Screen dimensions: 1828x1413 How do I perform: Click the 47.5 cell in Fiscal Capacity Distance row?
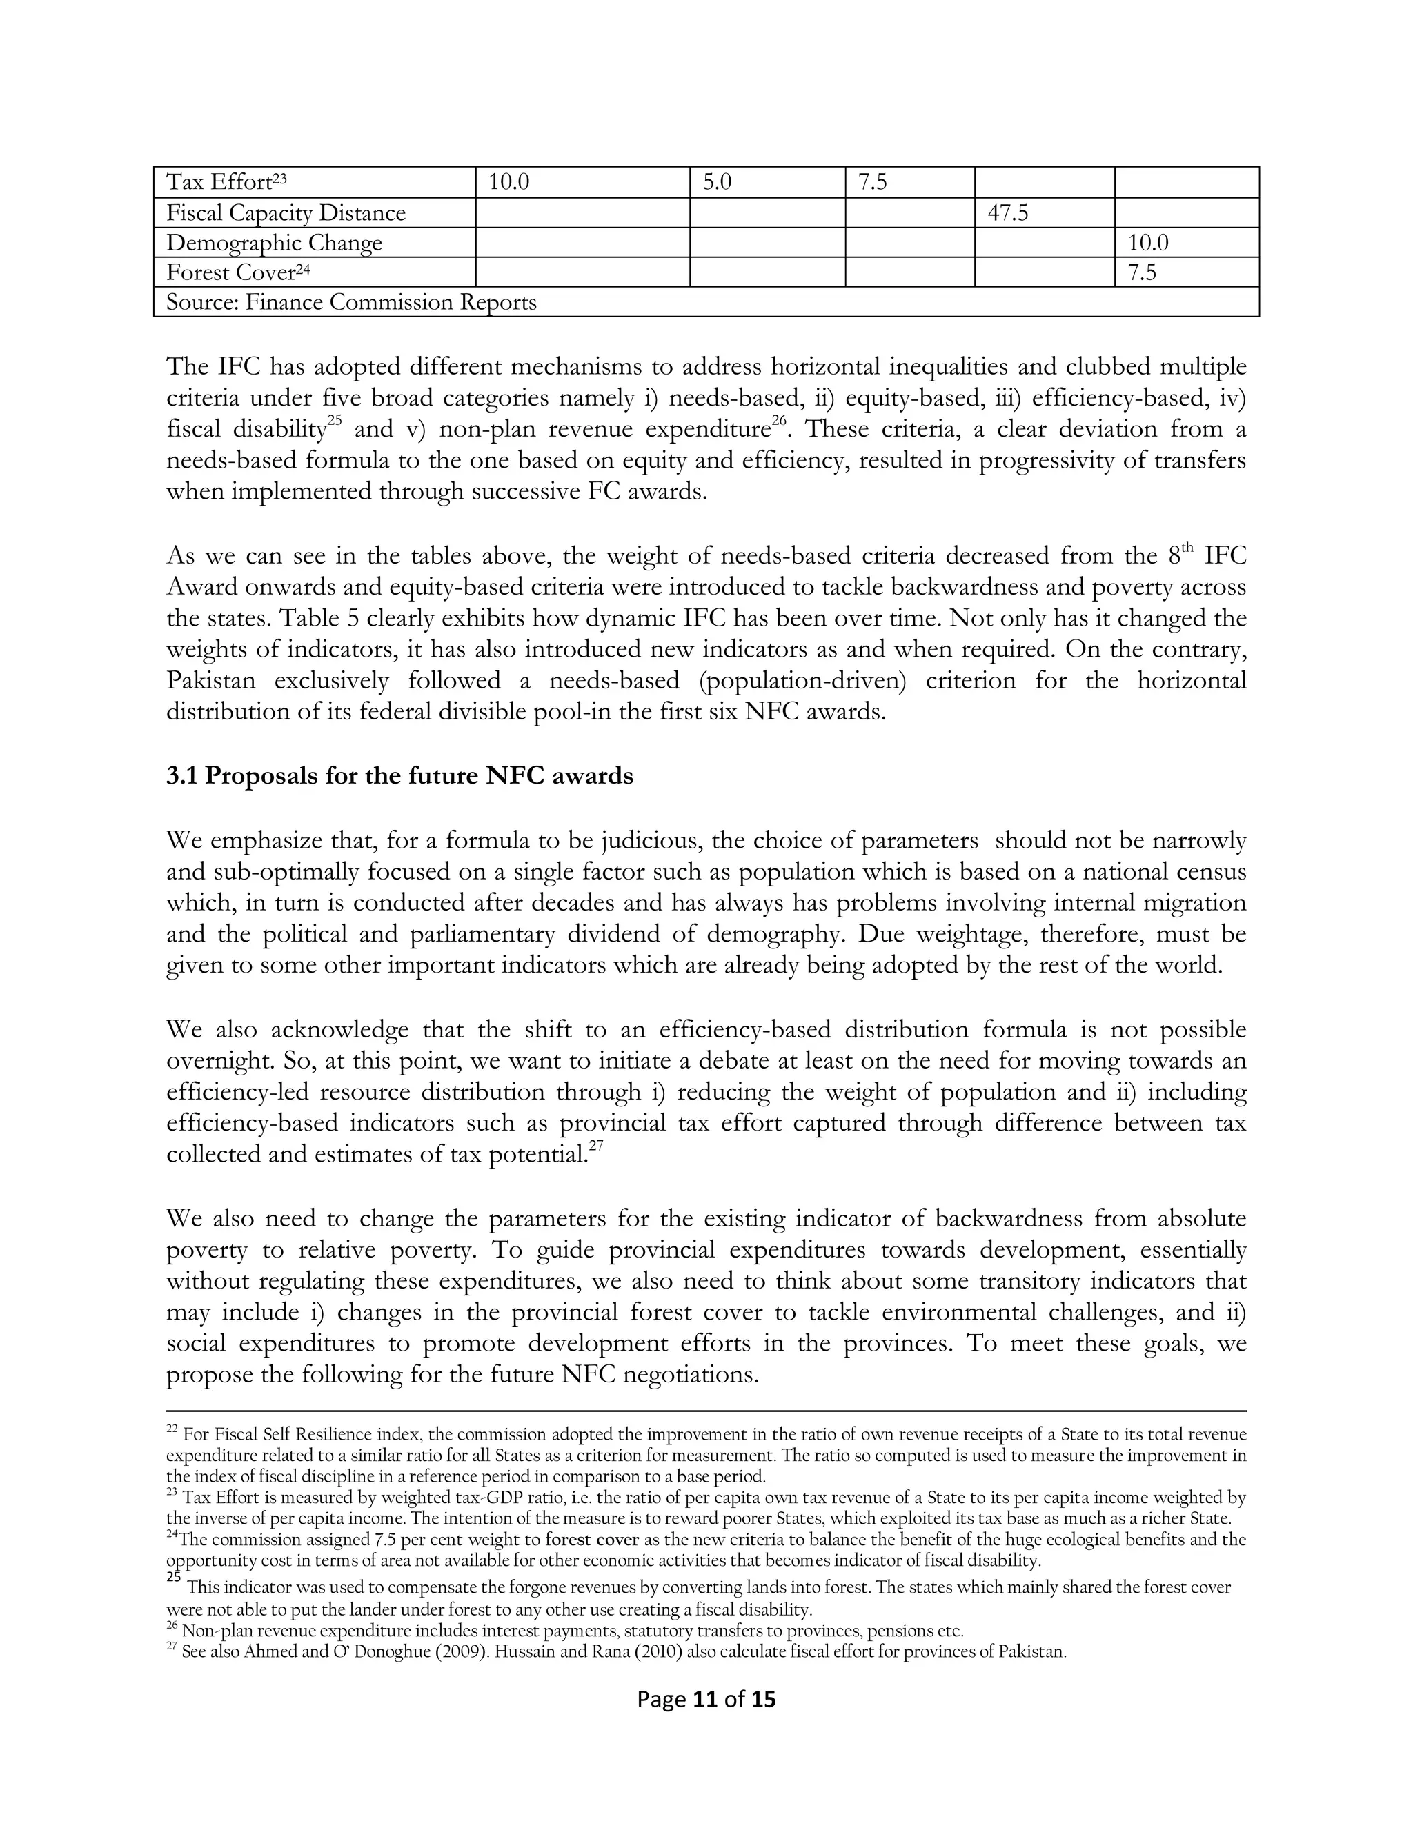[x=1007, y=213]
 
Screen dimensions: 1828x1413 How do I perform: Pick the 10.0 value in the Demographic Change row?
[x=1147, y=244]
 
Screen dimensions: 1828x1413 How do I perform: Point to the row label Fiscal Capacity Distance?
[x=286, y=213]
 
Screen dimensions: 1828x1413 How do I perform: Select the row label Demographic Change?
[x=274, y=244]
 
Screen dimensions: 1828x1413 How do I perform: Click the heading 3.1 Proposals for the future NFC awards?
[x=399, y=776]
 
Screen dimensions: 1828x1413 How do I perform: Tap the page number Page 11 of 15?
[x=706, y=1699]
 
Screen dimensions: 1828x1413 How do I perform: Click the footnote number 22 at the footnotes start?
[x=172, y=1431]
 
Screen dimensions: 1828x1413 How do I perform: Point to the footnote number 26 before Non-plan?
[x=172, y=1629]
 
